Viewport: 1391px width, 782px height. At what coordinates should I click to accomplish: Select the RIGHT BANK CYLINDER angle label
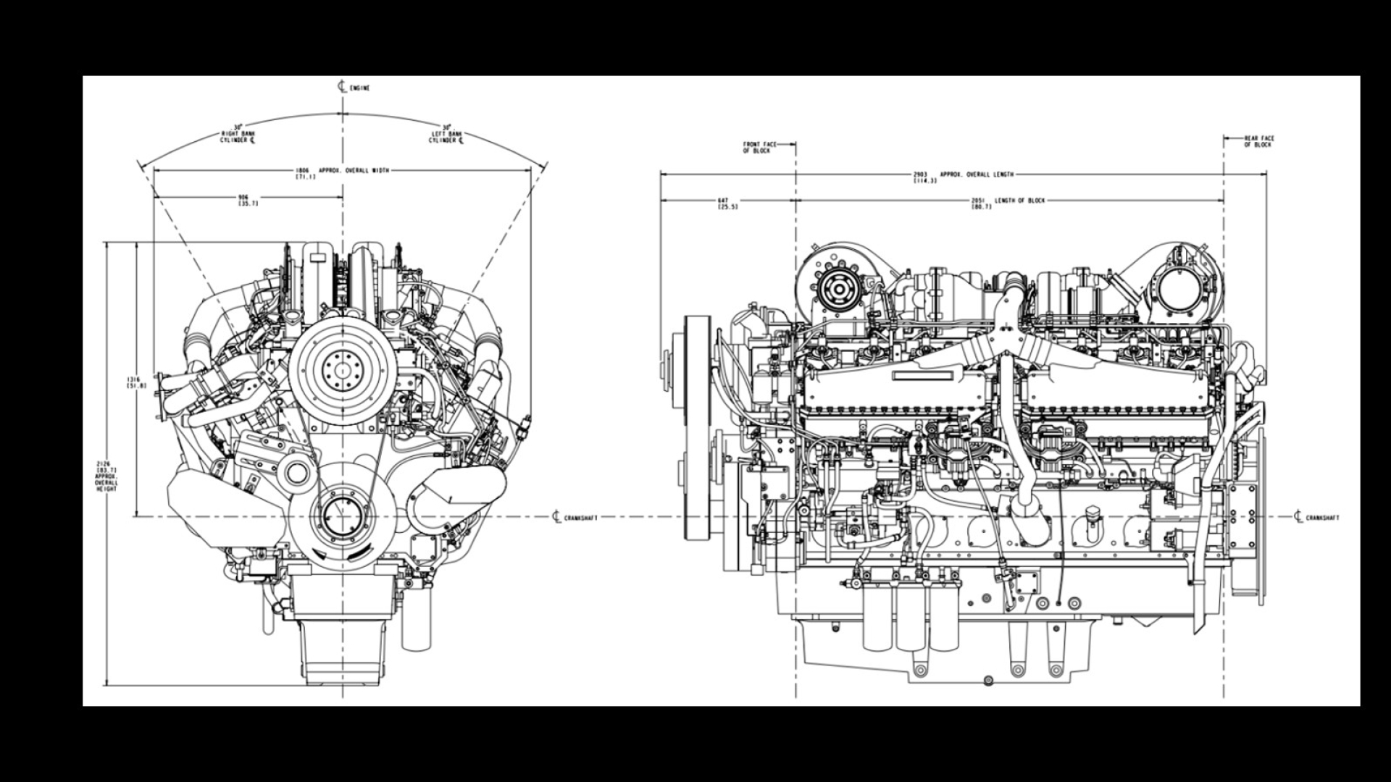[x=238, y=135]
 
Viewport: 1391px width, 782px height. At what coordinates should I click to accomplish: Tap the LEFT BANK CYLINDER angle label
[x=446, y=135]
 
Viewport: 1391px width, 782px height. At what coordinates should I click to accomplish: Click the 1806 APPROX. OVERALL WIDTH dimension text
[x=343, y=172]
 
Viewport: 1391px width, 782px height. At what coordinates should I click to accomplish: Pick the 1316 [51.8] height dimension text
[x=136, y=382]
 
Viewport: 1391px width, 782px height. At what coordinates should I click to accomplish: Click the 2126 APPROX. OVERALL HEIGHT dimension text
[x=106, y=476]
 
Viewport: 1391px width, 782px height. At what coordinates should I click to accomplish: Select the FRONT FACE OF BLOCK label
[x=759, y=147]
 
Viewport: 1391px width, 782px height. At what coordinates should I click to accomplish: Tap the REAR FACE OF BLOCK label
[x=1258, y=141]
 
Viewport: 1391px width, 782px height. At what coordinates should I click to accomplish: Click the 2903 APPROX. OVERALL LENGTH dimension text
[x=964, y=176]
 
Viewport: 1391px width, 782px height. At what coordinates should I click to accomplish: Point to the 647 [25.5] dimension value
[x=727, y=203]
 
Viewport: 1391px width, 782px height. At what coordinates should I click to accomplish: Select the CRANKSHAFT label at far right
[x=1321, y=518]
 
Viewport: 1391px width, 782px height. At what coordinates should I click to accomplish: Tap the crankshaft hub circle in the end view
[x=342, y=516]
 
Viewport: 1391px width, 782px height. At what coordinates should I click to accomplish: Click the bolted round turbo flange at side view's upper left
[x=839, y=289]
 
